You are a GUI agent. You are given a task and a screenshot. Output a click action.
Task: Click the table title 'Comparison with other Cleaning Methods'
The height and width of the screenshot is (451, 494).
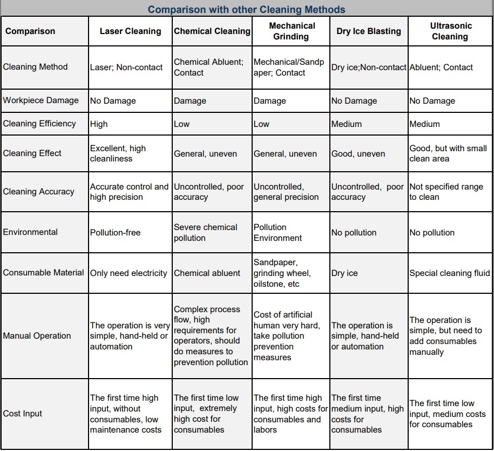pyautogui.click(x=247, y=10)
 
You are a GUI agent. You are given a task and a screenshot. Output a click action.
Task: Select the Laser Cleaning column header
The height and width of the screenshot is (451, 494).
pyautogui.click(x=130, y=31)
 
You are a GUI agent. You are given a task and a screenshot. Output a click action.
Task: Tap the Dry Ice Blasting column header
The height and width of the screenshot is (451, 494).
pyautogui.click(x=369, y=31)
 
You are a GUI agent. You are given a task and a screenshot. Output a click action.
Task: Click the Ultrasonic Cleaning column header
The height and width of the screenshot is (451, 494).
pyautogui.click(x=450, y=31)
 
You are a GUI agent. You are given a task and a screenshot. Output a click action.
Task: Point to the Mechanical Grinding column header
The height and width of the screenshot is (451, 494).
pyautogui.click(x=292, y=31)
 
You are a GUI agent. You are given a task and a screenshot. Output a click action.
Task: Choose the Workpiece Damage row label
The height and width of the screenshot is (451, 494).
pyautogui.click(x=41, y=100)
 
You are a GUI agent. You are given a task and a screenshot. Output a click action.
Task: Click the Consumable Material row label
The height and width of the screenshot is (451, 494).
pyautogui.click(x=44, y=273)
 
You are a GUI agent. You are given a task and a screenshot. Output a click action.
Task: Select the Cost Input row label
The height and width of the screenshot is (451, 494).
pyautogui.click(x=23, y=414)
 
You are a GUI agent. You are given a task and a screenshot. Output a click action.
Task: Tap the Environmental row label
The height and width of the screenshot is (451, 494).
pyautogui.click(x=30, y=232)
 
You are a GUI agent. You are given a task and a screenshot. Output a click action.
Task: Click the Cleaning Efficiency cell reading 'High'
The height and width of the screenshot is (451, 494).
pyautogui.click(x=99, y=124)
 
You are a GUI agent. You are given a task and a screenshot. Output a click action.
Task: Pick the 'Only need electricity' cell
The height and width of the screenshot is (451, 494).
pyautogui.click(x=128, y=273)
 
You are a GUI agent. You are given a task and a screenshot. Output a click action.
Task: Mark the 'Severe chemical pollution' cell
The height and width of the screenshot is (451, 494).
pyautogui.click(x=205, y=232)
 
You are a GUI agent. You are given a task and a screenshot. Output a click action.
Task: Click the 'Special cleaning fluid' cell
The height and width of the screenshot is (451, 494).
pyautogui.click(x=449, y=273)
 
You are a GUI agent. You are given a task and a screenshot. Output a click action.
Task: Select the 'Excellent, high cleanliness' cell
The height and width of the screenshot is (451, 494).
pyautogui.click(x=118, y=153)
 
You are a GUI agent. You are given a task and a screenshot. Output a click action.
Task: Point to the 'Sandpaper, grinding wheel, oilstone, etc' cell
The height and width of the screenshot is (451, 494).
pyautogui.click(x=282, y=273)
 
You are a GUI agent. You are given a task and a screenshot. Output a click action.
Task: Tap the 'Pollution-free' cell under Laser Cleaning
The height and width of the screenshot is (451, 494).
pyautogui.click(x=115, y=233)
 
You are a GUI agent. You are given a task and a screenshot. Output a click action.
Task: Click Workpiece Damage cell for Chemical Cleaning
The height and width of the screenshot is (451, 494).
pyautogui.click(x=190, y=101)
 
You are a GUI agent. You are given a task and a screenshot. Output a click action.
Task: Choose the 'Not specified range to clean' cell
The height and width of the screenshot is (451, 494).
pyautogui.click(x=446, y=192)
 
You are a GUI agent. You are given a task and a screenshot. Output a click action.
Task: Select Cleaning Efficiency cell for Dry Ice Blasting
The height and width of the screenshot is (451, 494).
pyautogui.click(x=347, y=124)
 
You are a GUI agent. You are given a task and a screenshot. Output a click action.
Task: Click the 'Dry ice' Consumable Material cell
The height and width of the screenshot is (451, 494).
pyautogui.click(x=344, y=273)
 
